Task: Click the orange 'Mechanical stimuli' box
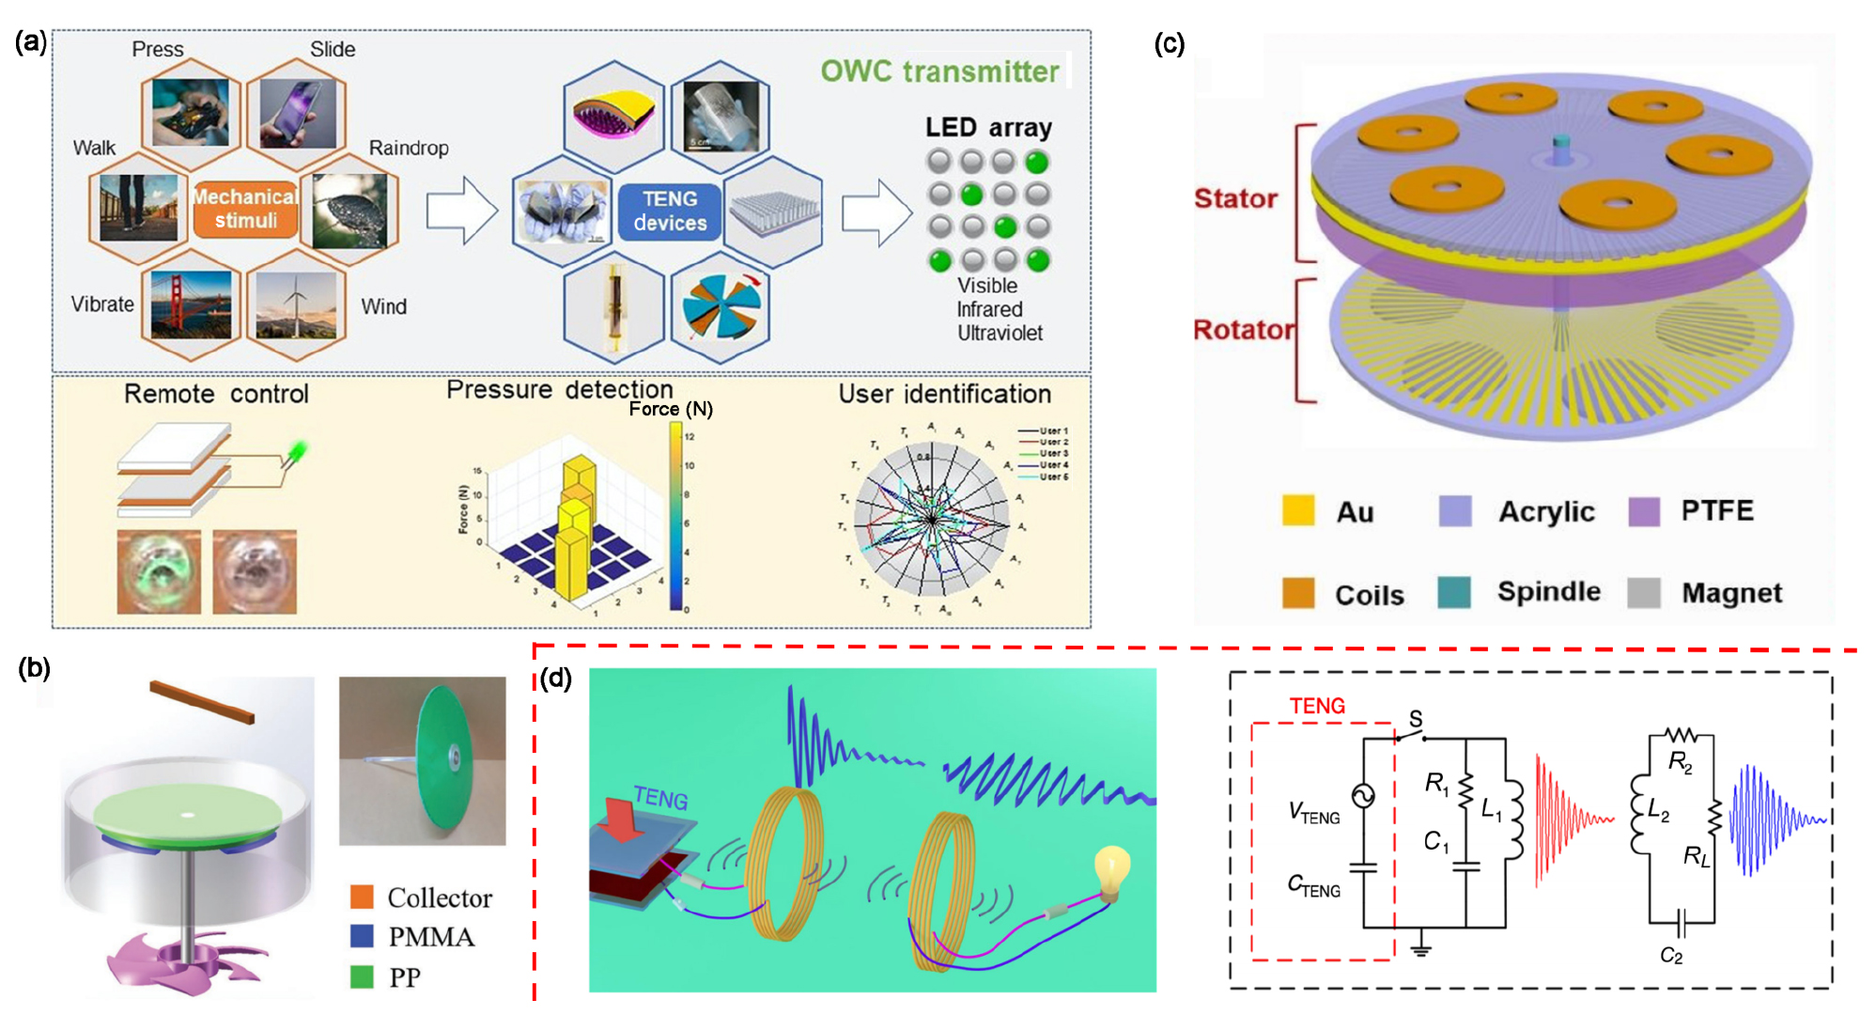pos(245,209)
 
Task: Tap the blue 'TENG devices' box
pos(669,211)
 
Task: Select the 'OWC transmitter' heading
pos(938,71)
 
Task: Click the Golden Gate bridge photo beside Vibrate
pos(192,304)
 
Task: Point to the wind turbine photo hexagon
pos(296,304)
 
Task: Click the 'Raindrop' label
pos(408,148)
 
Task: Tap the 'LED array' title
pos(987,127)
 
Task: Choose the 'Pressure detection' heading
pos(559,390)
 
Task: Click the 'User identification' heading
pos(944,394)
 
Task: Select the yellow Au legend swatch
pos(1297,510)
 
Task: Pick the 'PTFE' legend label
pos(1716,510)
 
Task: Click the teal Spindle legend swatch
pos(1453,592)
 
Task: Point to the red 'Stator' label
pos(1235,198)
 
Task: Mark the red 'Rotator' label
pos(1243,330)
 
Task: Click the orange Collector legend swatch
pos(362,897)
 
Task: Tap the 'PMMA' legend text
pos(431,937)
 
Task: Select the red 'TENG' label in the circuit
pos(1316,706)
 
